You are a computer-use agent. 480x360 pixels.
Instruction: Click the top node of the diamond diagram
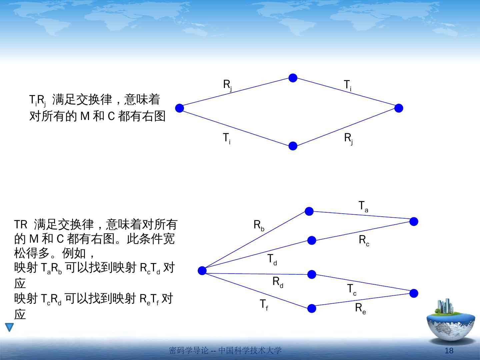tap(293, 78)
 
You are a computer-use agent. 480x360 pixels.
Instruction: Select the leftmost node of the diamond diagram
tap(179, 108)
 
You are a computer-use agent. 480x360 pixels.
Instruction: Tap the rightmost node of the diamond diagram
tap(399, 108)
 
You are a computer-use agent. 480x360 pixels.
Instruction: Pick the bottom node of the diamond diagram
tap(293, 146)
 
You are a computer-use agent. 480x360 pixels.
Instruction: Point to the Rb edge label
tap(259, 226)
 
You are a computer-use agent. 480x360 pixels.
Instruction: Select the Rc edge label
tap(364, 240)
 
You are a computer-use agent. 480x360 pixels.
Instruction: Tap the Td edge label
tap(272, 260)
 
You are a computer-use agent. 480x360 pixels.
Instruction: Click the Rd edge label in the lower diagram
tap(278, 282)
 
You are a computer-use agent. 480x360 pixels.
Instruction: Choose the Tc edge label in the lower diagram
tap(352, 289)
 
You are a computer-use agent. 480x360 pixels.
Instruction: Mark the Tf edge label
tap(264, 305)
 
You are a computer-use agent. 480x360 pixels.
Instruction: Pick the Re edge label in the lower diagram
tap(360, 309)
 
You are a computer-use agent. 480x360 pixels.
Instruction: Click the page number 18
tap(449, 351)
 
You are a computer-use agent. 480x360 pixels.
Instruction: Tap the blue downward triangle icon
tap(9, 327)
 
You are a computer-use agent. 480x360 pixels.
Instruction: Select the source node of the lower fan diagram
tap(202, 271)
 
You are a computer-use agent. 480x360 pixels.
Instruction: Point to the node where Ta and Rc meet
tap(414, 221)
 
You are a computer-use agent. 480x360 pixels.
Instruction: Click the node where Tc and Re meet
tap(414, 293)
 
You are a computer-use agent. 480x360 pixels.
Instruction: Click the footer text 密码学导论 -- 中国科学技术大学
tap(225, 350)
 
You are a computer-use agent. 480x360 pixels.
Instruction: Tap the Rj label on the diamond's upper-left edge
tap(227, 85)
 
